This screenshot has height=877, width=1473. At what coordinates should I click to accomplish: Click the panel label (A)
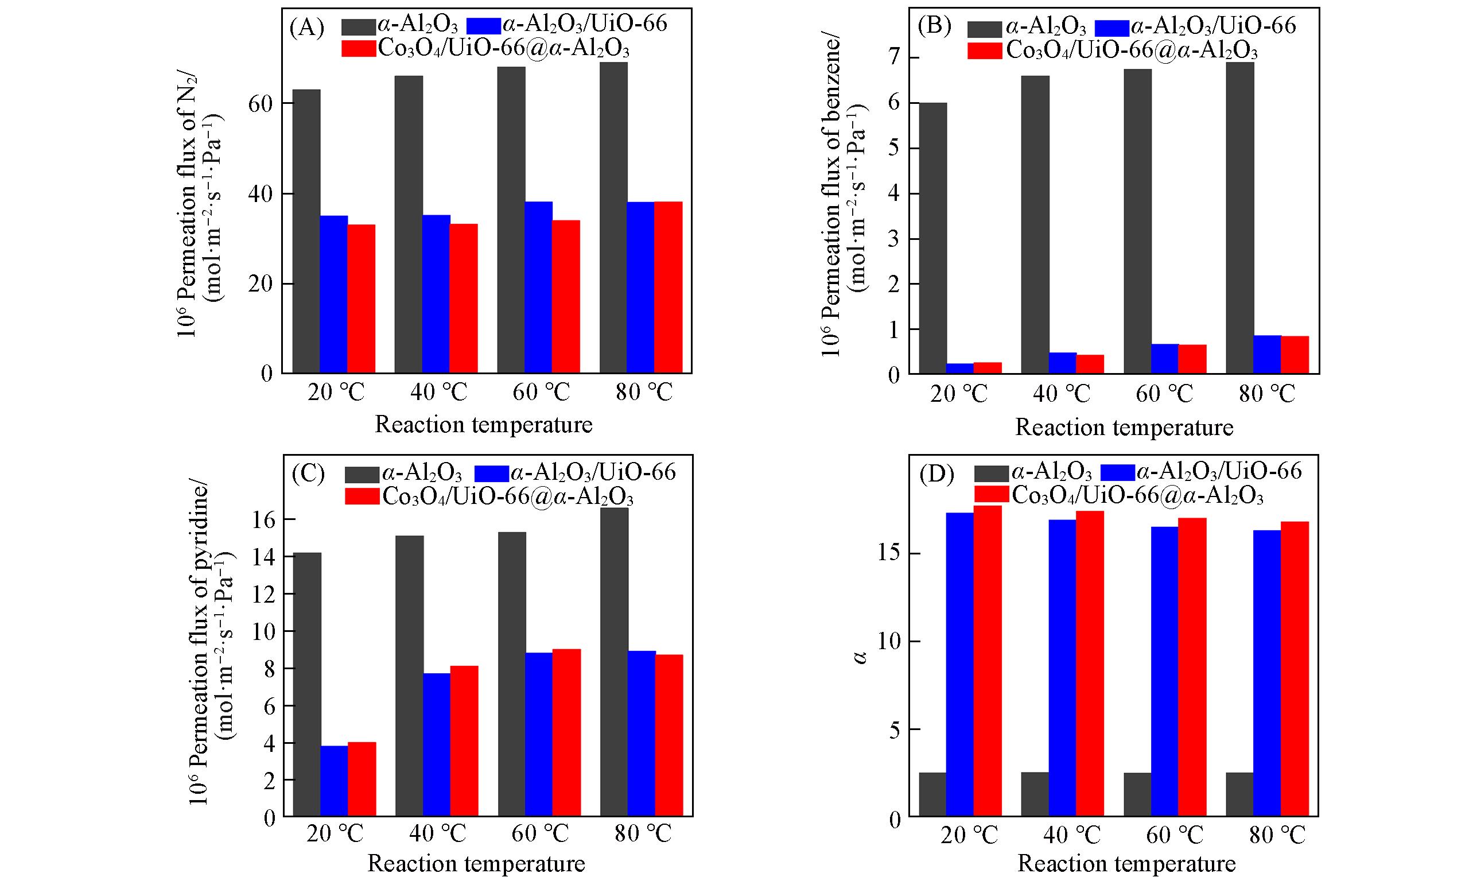click(x=307, y=28)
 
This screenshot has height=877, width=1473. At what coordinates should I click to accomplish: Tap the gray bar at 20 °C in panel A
click(x=306, y=232)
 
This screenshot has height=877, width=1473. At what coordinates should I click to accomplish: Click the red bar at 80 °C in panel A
click(x=669, y=287)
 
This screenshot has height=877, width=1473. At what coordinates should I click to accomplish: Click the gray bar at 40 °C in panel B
click(x=1034, y=224)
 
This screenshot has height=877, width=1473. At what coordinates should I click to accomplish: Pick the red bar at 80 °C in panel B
click(x=1295, y=355)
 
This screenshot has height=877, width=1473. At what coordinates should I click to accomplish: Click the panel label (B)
click(x=933, y=28)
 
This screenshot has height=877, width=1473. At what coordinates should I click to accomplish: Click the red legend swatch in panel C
click(x=362, y=496)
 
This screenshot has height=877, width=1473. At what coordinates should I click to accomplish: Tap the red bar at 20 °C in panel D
click(x=988, y=661)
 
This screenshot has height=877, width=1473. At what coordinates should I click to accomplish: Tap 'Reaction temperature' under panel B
click(x=1124, y=428)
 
